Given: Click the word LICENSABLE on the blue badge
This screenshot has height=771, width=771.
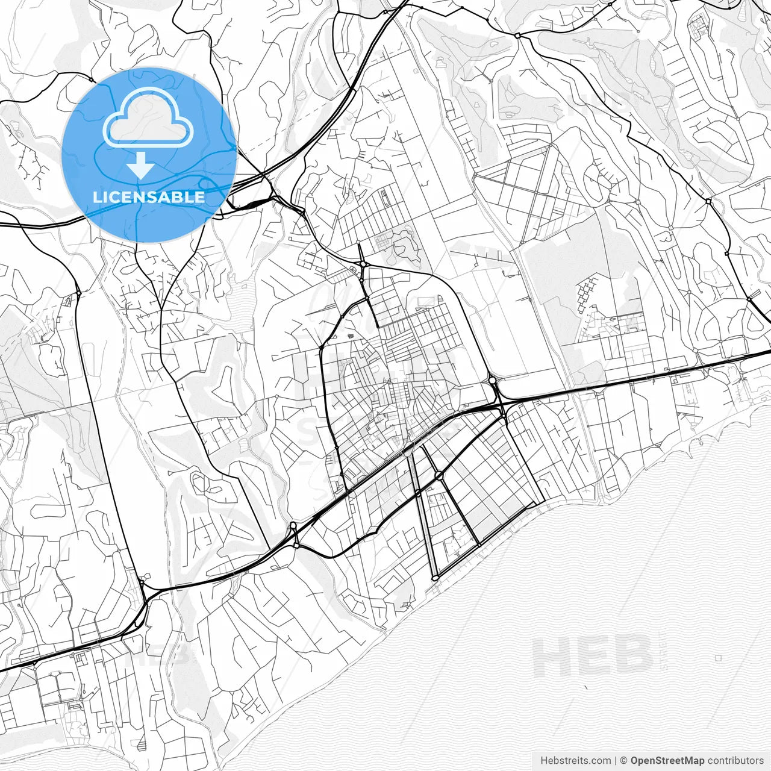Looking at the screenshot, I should [149, 197].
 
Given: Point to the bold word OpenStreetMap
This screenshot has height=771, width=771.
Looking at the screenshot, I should [667, 761].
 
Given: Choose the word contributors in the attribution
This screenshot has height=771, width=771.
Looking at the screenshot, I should [735, 761].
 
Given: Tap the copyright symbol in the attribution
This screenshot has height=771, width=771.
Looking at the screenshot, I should [624, 761].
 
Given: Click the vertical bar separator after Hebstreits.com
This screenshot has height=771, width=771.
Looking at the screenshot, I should [616, 761].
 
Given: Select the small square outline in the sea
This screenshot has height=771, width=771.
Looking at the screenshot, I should [719, 658].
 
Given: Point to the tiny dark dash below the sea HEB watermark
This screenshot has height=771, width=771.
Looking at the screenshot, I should [586, 687].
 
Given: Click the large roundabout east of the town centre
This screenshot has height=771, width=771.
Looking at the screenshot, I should [492, 380].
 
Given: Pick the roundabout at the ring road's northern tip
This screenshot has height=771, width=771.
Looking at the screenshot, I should [364, 264].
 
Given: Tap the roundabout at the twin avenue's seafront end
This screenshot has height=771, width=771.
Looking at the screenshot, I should [435, 578].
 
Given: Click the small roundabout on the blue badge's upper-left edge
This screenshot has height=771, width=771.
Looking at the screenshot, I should [90, 79].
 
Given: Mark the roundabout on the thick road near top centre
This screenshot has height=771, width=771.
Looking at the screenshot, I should [517, 36].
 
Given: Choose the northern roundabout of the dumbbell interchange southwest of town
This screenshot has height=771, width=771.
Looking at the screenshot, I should [293, 525].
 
